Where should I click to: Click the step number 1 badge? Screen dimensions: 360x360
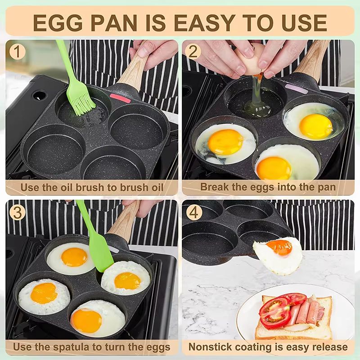17,51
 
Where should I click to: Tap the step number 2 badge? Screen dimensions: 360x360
193,51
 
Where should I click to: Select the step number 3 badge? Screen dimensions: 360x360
17,212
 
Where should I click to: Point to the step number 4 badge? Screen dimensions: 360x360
193,212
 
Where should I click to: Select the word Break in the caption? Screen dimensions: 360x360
214,186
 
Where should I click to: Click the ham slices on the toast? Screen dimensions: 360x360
306,310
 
